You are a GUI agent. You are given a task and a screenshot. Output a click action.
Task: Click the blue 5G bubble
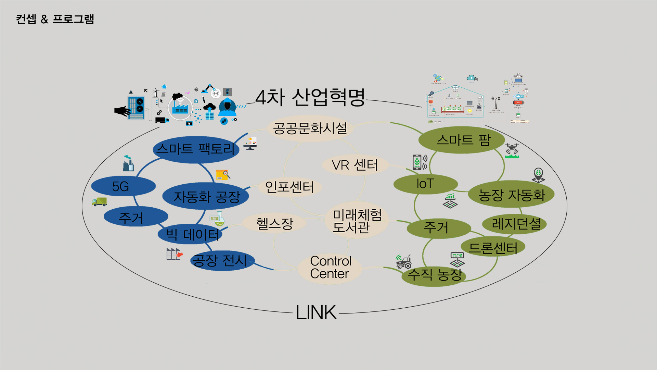click(x=123, y=186)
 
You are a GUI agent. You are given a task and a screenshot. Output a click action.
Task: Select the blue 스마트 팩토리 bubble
click(x=195, y=149)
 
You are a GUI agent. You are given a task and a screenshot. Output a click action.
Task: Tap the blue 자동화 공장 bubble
click(x=206, y=196)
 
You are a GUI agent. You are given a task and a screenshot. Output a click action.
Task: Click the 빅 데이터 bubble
click(x=190, y=235)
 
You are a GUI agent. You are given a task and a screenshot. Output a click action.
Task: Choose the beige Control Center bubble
click(x=330, y=268)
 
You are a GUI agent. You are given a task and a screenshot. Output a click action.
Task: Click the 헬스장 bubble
click(x=274, y=223)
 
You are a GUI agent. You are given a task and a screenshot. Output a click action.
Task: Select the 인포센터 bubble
click(x=289, y=187)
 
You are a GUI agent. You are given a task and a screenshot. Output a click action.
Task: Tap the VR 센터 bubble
click(x=355, y=165)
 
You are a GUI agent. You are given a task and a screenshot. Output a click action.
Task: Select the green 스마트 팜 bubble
click(x=462, y=140)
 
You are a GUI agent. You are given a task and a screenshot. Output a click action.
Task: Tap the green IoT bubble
click(x=425, y=184)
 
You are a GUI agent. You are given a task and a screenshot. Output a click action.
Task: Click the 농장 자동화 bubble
click(x=511, y=195)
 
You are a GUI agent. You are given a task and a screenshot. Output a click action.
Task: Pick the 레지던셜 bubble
click(x=515, y=224)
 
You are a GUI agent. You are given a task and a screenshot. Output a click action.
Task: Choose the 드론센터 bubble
click(x=493, y=247)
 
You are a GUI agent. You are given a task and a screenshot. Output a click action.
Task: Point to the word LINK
click(x=316, y=312)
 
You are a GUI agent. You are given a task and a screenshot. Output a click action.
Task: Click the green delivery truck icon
click(x=99, y=201)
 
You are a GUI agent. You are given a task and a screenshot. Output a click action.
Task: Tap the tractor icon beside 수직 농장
click(x=403, y=262)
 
